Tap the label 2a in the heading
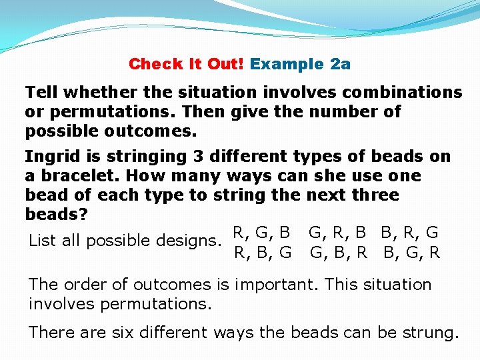340,64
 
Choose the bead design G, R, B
337,233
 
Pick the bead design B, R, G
409,233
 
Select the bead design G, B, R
339,253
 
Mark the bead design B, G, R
411,253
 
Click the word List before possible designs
43,240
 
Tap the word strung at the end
433,331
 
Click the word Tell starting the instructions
41,92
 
